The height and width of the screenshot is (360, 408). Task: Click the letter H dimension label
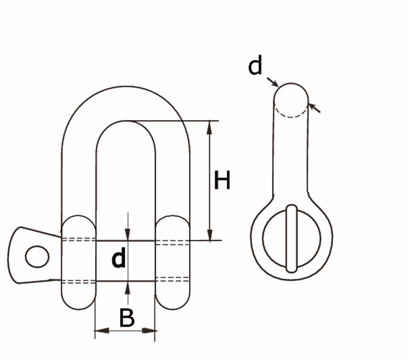tap(222, 180)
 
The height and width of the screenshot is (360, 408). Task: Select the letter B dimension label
tap(127, 318)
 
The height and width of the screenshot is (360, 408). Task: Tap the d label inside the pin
tap(119, 258)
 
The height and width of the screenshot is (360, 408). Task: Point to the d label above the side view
tap(255, 65)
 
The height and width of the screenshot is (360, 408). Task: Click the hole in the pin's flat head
tap(37, 257)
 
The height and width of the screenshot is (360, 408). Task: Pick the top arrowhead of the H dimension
tap(209, 127)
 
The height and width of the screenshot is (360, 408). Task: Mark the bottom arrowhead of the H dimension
tap(209, 234)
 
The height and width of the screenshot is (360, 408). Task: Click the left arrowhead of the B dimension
tap(102, 331)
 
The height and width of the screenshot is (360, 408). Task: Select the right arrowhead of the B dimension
tap(149, 331)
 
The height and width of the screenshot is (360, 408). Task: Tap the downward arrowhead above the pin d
tap(127, 234)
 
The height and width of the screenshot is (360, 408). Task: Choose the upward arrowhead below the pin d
tap(127, 288)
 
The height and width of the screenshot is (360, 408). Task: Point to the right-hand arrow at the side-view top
tap(314, 108)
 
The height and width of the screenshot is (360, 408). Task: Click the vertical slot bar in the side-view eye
tap(291, 239)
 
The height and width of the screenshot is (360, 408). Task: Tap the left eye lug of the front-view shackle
tap(78, 262)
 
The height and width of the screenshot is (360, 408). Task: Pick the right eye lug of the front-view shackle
tap(173, 262)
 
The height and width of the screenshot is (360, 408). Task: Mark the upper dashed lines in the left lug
tap(78, 239)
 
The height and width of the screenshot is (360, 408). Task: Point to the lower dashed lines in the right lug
tap(172, 279)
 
